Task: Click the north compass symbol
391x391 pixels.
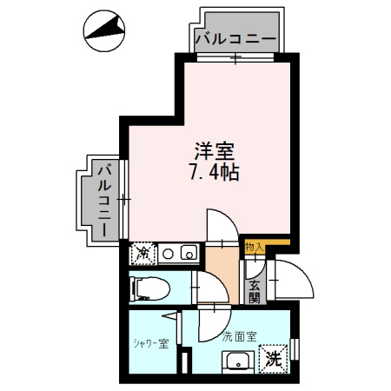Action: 104,31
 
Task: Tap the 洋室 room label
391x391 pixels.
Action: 215,151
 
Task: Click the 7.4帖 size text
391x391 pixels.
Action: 215,172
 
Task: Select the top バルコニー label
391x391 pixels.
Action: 235,39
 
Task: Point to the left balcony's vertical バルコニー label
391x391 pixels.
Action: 104,201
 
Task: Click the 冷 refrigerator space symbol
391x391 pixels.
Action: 142,254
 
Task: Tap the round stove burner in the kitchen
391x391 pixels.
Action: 168,254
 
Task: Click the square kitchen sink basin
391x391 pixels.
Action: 189,253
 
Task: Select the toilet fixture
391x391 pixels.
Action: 149,288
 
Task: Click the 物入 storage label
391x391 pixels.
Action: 254,248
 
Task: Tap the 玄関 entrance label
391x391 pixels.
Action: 255,292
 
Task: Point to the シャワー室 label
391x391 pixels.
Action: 151,344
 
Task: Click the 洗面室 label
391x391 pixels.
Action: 239,336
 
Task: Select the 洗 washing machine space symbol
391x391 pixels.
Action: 274,358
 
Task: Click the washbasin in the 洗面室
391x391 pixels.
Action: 238,361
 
